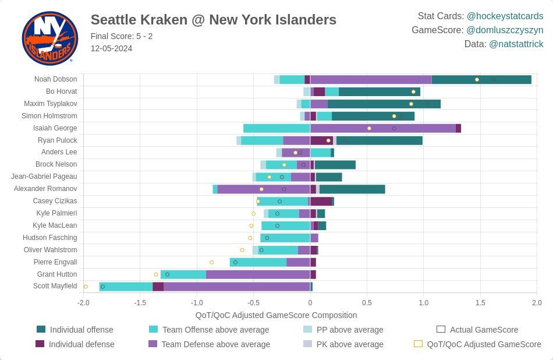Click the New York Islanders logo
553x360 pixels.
[x=49, y=38]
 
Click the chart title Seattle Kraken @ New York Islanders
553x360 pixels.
[x=214, y=20]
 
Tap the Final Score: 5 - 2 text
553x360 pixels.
[x=122, y=36]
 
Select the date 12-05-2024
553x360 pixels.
[x=111, y=48]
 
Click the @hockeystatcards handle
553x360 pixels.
[x=505, y=16]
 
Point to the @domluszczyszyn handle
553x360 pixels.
[x=505, y=30]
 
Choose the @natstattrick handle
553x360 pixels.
[x=516, y=44]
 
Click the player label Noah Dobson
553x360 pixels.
[x=55, y=79]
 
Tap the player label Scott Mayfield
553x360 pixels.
[x=55, y=286]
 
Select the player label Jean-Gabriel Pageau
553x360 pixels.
[x=44, y=177]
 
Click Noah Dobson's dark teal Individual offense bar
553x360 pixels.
[x=481, y=79]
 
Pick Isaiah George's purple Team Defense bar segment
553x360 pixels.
[x=382, y=129]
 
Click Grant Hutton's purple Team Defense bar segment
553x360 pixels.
[x=258, y=274]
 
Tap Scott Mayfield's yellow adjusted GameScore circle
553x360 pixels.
[x=86, y=287]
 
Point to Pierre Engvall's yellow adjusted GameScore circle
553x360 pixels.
[x=212, y=262]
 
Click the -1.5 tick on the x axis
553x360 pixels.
[x=140, y=302]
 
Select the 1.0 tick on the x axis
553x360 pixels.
[x=424, y=302]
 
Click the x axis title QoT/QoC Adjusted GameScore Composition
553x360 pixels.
[x=276, y=315]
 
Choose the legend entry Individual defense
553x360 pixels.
[x=75, y=344]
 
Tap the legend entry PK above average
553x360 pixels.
[x=343, y=344]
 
